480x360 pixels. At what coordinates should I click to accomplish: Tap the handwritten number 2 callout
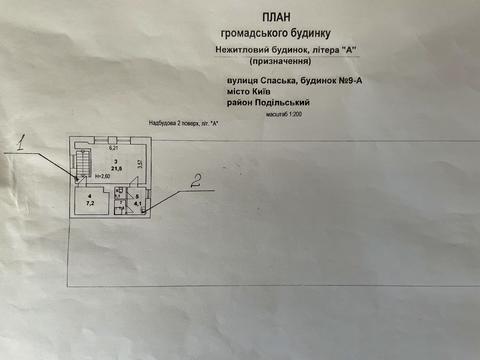coord(197,181)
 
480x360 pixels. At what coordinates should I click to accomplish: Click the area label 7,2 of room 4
coord(89,202)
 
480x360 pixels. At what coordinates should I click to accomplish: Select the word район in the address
coord(239,103)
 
